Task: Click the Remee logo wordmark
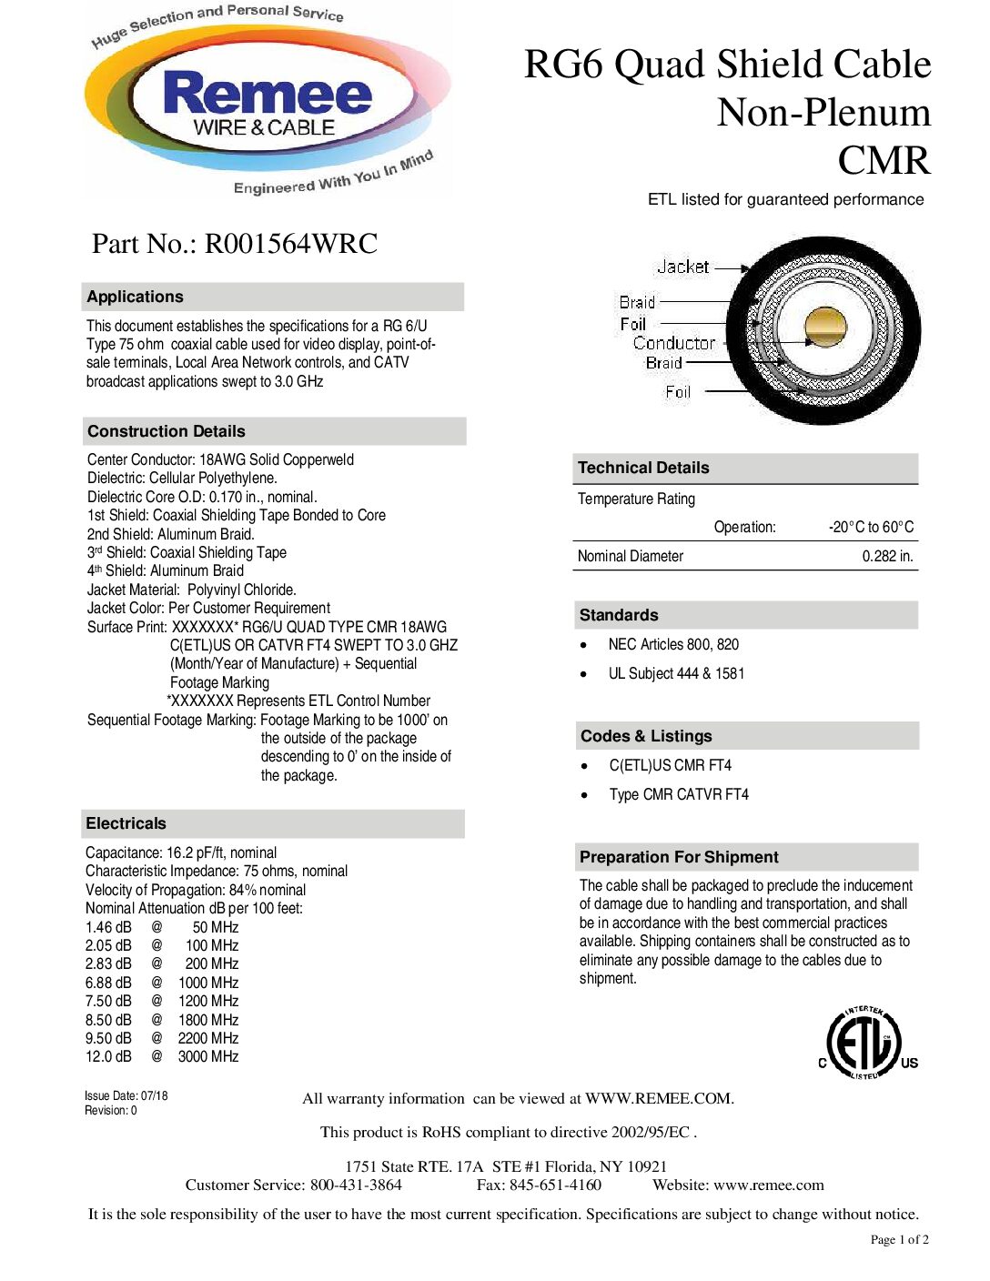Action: (268, 95)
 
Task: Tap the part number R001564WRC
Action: (290, 244)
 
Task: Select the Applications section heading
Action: (136, 297)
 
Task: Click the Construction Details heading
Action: (167, 431)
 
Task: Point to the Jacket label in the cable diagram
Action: (682, 267)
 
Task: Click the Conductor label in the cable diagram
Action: (674, 343)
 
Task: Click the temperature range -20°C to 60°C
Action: (871, 527)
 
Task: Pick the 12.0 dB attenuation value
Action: (108, 1056)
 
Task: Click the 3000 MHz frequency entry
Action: (208, 1056)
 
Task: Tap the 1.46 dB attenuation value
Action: (108, 927)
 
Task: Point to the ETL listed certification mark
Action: (865, 1043)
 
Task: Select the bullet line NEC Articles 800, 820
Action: (673, 644)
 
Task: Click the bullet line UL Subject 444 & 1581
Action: (676, 673)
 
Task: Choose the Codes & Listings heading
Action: (646, 736)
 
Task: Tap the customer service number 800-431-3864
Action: (356, 1185)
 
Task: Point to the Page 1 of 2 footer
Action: (899, 1239)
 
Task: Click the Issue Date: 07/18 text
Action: (126, 1095)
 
